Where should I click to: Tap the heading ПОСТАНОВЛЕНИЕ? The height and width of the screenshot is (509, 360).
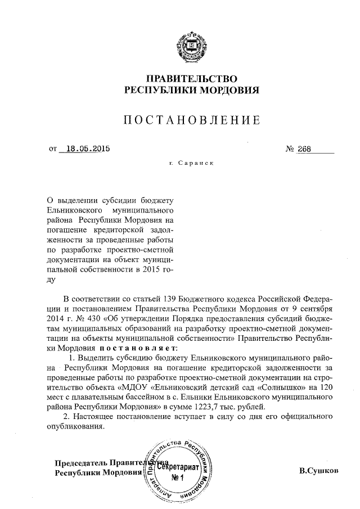192,119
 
